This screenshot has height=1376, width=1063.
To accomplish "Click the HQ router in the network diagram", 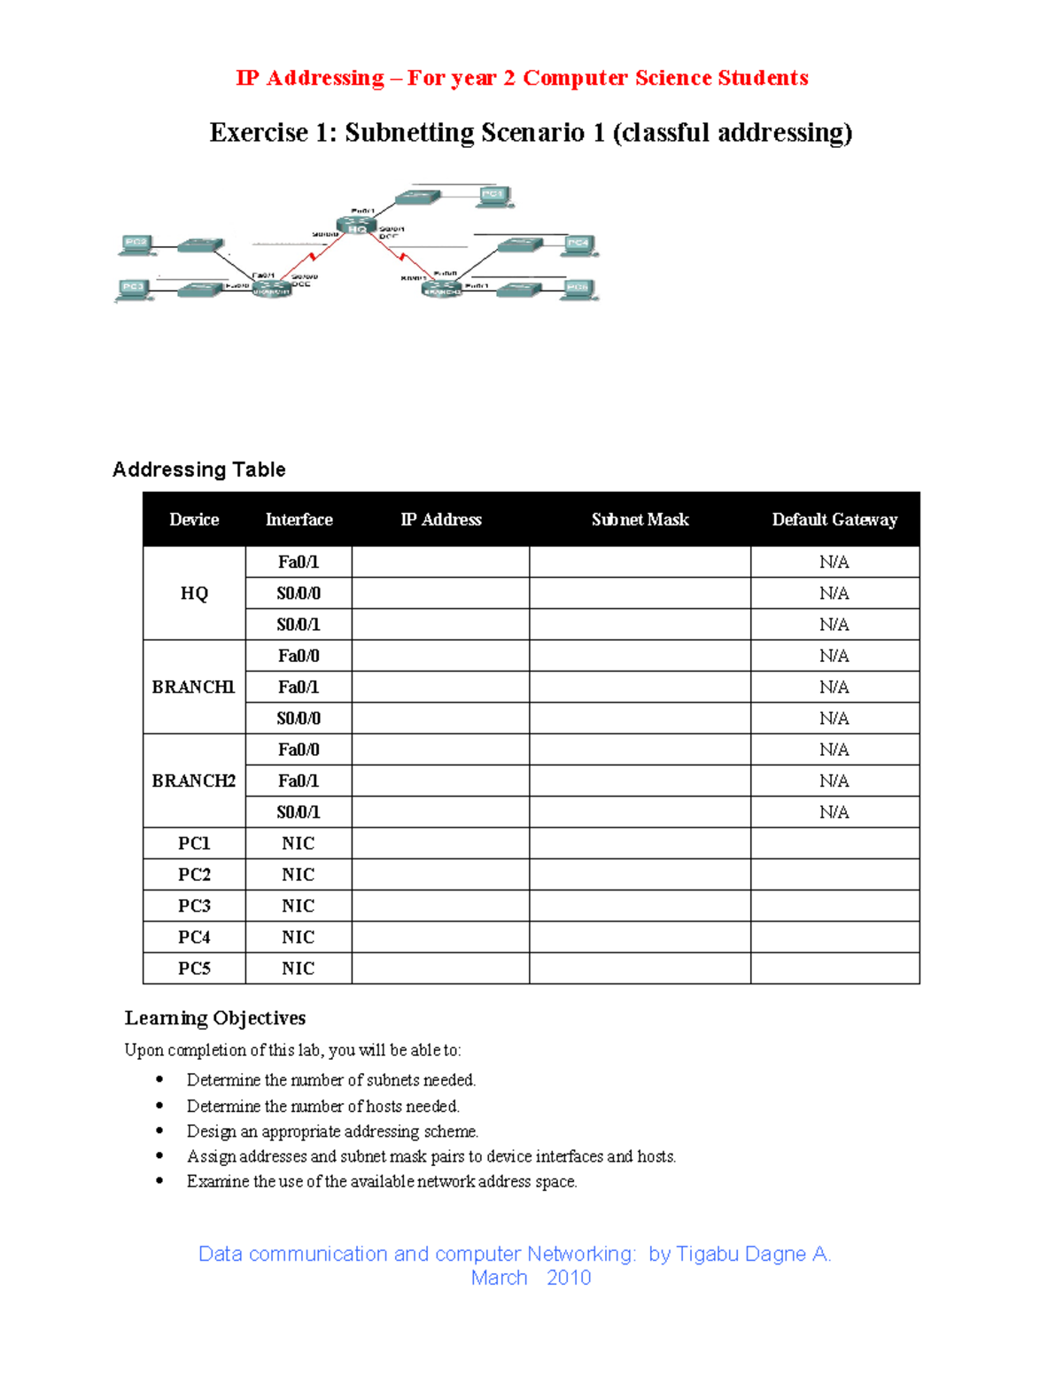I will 356,227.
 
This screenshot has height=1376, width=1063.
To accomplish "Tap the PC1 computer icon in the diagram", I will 493,196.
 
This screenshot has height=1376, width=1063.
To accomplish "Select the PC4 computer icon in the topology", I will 578,245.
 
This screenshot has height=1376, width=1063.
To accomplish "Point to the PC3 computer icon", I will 133,289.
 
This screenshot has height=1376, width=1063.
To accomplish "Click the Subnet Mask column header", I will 640,519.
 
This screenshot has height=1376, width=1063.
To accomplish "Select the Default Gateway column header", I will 834,519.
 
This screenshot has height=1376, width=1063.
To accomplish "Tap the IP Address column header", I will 440,519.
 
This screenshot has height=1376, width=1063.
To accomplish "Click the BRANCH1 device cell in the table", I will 193,687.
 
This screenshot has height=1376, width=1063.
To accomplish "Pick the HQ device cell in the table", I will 193,593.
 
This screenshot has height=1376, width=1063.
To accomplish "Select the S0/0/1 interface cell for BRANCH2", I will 298,812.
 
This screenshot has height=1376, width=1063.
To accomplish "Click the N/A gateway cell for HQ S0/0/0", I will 834,593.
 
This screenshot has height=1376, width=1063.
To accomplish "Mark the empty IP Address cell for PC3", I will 440,906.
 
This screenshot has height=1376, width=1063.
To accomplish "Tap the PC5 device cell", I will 193,968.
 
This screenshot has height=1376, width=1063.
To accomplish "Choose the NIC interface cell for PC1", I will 298,843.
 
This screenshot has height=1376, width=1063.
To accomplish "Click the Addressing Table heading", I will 198,470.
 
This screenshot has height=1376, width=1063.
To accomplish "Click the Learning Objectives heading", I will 214,1018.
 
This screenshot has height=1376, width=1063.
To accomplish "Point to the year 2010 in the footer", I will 569,1278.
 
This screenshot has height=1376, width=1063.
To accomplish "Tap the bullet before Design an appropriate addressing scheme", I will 159,1131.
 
